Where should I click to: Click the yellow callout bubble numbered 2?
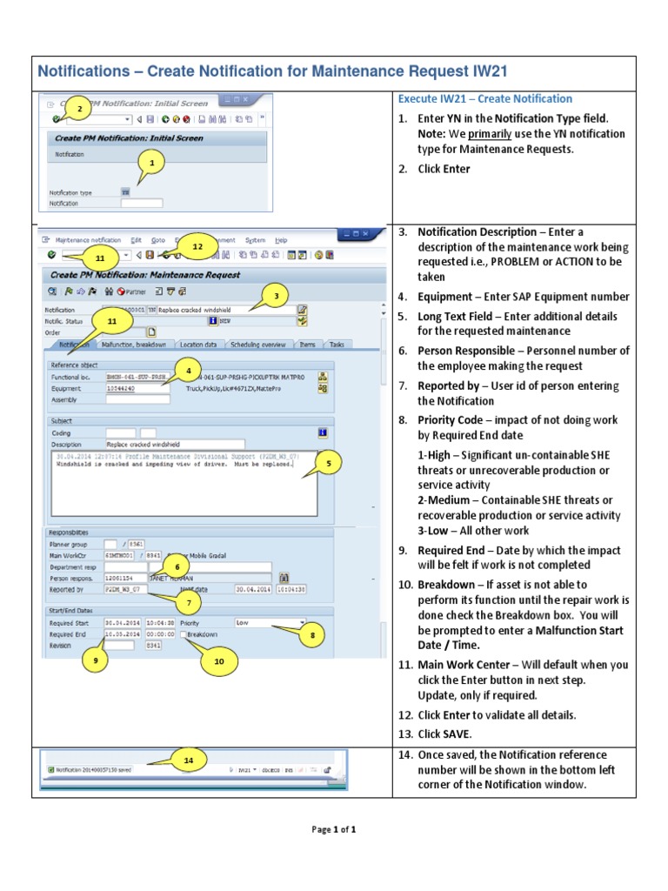coord(79,110)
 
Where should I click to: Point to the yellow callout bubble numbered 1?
coord(152,163)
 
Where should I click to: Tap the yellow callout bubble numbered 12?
coord(197,247)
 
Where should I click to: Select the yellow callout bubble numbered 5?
coord(328,465)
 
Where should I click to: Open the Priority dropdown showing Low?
coord(270,623)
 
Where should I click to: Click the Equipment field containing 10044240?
coord(137,389)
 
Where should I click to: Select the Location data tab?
coord(198,345)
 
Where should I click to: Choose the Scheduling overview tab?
coord(258,345)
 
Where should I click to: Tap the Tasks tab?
coord(336,345)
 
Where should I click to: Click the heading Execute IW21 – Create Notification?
coord(484,98)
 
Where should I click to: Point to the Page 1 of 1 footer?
coord(334,829)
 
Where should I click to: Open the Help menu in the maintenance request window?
coord(281,239)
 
